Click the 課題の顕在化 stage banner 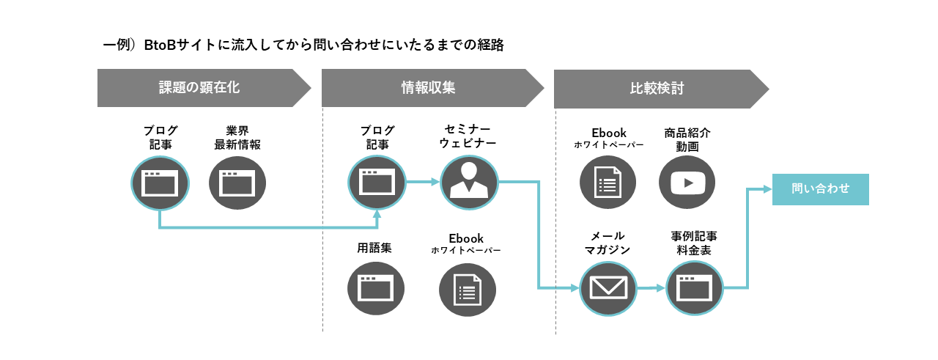click(x=199, y=88)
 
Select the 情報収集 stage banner click(x=428, y=88)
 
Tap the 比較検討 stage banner click(x=657, y=89)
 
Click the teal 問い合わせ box click(x=820, y=189)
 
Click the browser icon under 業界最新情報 click(x=237, y=183)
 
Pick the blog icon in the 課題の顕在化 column click(x=160, y=183)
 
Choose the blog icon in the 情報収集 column click(x=377, y=183)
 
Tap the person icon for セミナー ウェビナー click(x=469, y=183)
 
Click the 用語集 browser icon click(x=377, y=289)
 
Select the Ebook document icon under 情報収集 click(x=467, y=289)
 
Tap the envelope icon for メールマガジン click(x=608, y=288)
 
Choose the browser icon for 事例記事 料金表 click(x=694, y=288)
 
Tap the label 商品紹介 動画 click(x=687, y=140)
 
